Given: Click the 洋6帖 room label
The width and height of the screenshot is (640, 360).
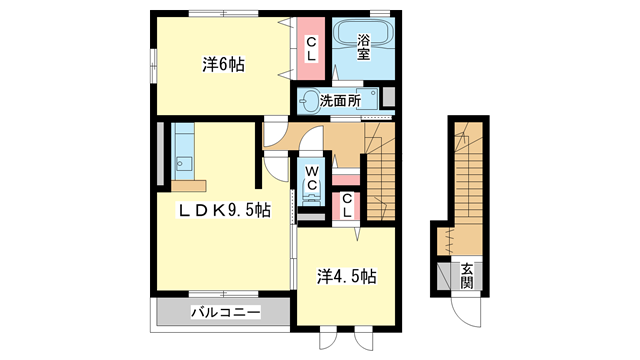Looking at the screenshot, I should point(224,65).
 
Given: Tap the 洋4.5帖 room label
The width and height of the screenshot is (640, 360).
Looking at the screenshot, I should point(347,274).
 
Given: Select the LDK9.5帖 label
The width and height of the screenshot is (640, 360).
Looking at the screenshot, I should point(225,210).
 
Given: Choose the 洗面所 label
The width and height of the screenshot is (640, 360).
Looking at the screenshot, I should point(354,101).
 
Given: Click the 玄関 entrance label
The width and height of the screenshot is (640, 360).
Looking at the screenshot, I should point(466,273).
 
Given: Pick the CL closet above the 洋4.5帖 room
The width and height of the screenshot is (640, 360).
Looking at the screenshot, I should point(346,205).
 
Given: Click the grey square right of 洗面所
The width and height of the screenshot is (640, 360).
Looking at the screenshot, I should point(389,98).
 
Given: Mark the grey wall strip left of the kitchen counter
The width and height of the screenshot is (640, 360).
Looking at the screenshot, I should point(161,155).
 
